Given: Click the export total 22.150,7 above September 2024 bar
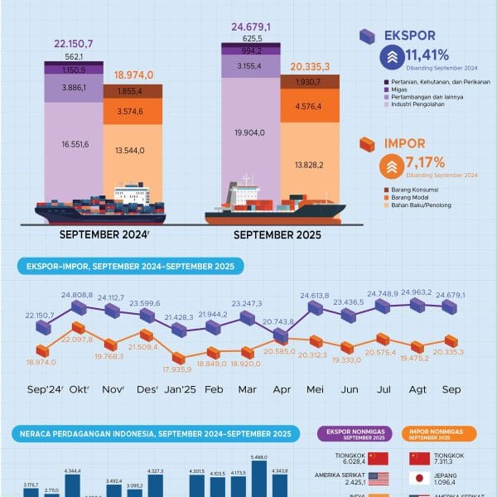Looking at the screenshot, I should (74, 42).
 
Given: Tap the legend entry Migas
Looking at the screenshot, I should (396, 89).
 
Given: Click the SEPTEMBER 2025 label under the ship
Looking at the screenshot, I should (277, 235).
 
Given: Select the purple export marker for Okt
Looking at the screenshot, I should (79, 307).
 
